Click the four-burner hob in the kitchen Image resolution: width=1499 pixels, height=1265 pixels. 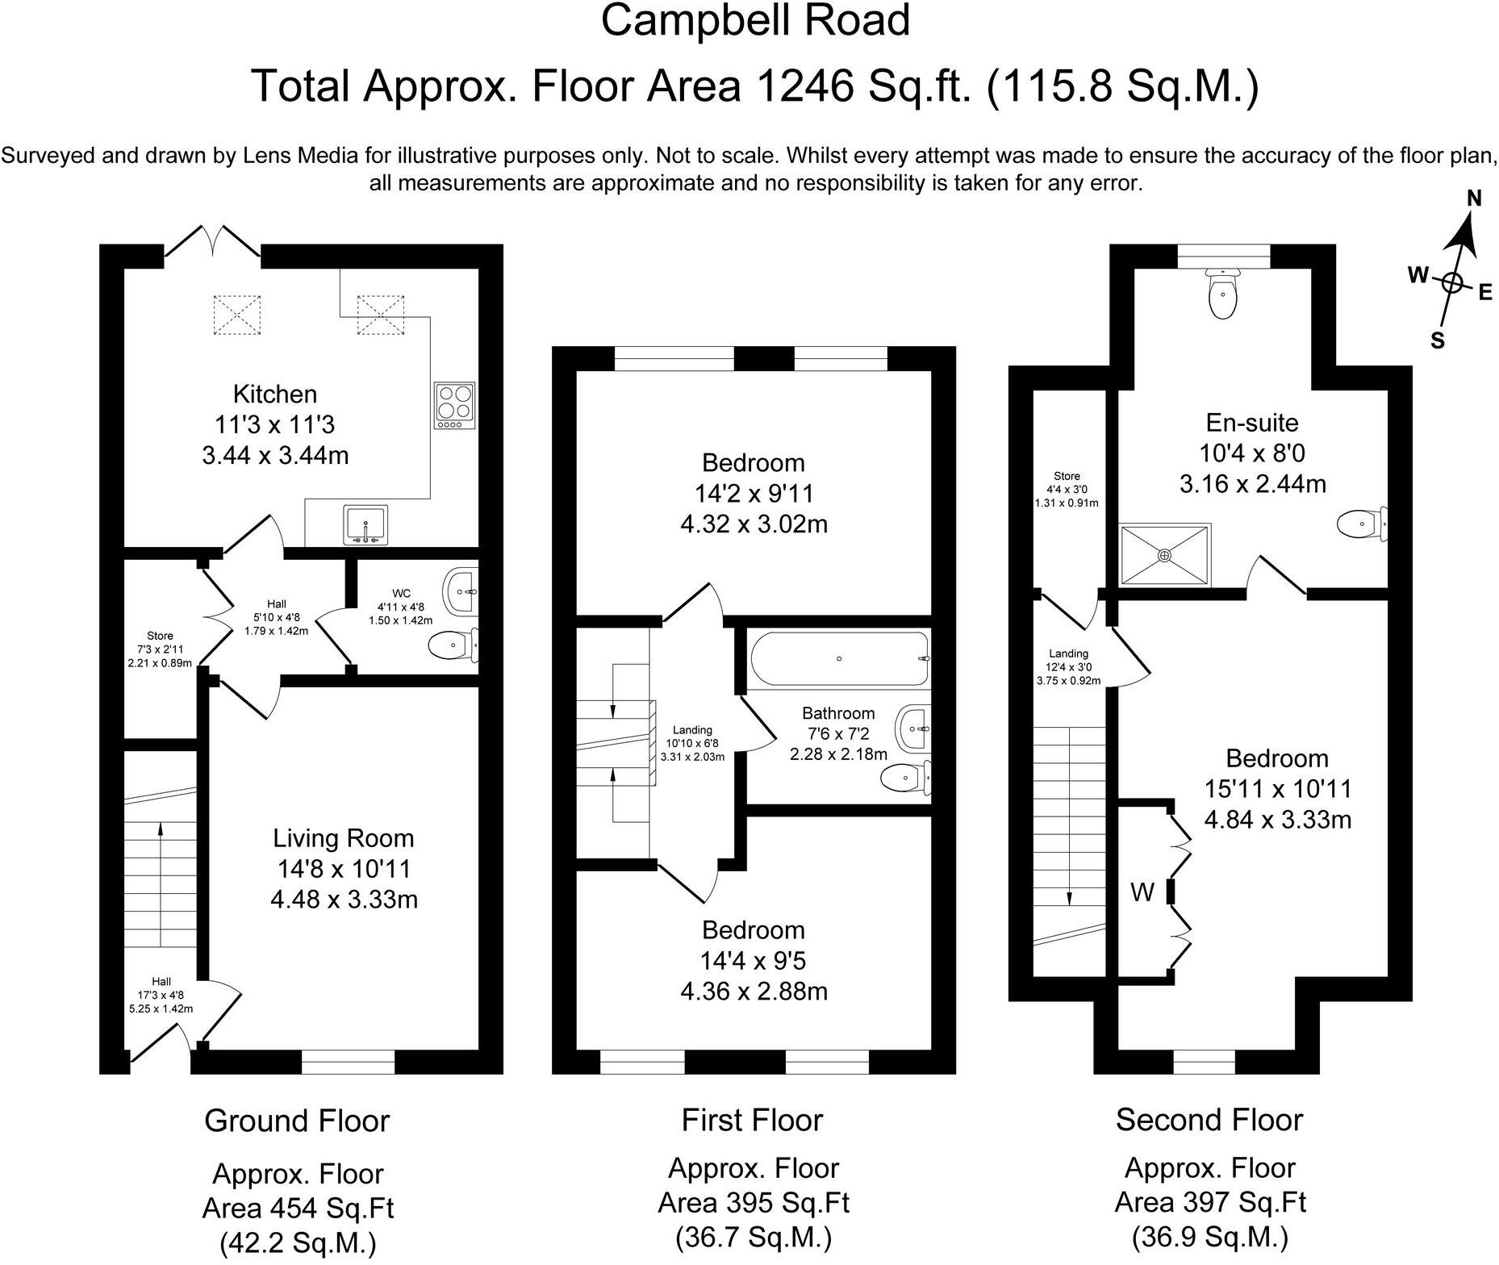[455, 406]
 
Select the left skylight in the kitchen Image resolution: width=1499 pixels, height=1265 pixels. [238, 315]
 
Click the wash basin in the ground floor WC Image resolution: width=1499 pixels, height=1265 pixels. [461, 592]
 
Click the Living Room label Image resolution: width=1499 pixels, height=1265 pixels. [344, 838]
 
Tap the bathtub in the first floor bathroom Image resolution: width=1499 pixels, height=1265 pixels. [840, 659]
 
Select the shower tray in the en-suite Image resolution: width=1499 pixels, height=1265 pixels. [1165, 554]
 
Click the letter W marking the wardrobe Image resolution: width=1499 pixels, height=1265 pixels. [1142, 892]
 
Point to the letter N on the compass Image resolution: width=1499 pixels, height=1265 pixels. [1474, 198]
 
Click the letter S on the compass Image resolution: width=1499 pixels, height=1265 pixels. [1438, 340]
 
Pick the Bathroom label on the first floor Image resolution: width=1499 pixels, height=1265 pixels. [838, 713]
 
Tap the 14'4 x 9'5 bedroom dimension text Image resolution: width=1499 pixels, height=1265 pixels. [754, 961]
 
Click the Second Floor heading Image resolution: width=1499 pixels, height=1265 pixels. [1209, 1120]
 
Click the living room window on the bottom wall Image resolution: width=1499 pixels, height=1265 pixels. [349, 1063]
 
